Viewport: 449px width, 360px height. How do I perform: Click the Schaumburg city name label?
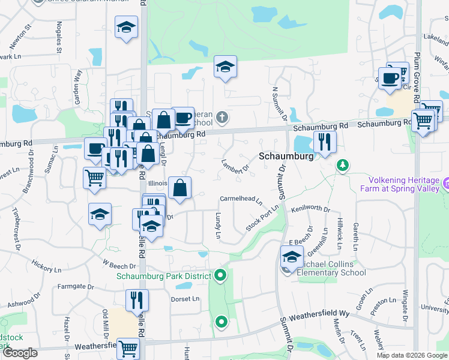coord(287,156)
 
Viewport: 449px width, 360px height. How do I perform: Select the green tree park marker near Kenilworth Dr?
coord(342,164)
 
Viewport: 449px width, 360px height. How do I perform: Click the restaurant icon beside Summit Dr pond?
coord(325,142)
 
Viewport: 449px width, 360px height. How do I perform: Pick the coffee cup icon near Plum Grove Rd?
coord(390,78)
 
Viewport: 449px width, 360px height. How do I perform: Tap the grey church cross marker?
coord(222,116)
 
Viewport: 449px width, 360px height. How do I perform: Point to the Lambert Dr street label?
coord(235,166)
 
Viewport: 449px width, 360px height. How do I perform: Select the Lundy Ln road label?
coord(218,227)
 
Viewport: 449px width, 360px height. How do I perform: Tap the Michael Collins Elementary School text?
coord(333,268)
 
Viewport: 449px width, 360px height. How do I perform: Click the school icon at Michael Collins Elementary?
coord(292,257)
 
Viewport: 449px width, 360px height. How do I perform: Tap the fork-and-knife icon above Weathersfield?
coord(137,299)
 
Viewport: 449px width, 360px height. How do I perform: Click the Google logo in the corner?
coord(20,353)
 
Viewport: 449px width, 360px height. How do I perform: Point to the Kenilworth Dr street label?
coord(310,209)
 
